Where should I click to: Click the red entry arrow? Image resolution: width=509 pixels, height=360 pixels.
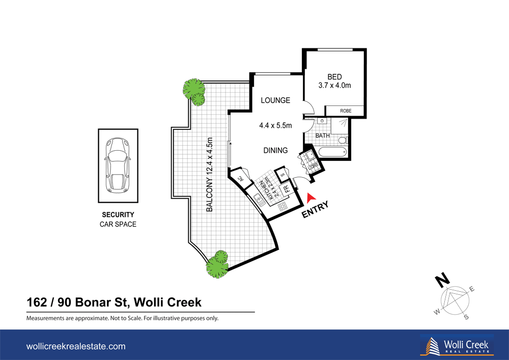pos(312,197)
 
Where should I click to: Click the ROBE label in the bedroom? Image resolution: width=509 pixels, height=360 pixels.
pos(345,110)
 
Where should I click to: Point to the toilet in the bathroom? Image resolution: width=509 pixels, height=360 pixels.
pos(343,140)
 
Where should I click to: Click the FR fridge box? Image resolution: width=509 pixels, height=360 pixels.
pos(287,188)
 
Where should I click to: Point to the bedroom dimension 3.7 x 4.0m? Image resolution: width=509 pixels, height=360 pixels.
pos(334,86)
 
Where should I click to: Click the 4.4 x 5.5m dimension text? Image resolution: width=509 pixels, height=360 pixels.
pos(275,125)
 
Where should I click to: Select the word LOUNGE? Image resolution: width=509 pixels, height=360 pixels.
pos(275,100)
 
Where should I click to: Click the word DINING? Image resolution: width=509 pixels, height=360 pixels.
pos(275,150)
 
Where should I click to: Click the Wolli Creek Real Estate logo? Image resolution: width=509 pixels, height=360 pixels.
pos(457,345)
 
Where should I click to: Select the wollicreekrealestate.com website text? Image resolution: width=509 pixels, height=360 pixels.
pos(75,346)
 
